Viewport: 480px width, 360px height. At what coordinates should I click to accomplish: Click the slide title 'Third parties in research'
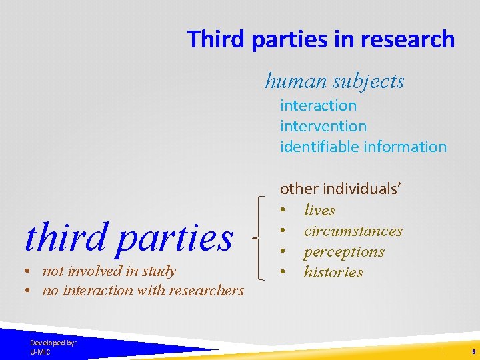tap(321, 39)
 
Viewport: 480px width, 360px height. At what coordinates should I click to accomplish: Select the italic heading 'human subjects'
tap(335, 81)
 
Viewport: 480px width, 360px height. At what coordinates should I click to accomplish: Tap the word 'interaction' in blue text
tap(318, 105)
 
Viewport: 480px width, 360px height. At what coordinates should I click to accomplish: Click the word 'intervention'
tap(323, 126)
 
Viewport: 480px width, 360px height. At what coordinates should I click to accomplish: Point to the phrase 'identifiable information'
tap(363, 147)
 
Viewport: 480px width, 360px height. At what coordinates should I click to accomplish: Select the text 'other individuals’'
tap(340, 189)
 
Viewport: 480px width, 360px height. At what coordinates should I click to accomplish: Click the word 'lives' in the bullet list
tap(319, 211)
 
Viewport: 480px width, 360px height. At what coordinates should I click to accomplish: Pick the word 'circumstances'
tap(353, 231)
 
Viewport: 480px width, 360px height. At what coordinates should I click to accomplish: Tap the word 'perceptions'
tap(344, 252)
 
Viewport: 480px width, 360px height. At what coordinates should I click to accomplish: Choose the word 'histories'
tap(333, 273)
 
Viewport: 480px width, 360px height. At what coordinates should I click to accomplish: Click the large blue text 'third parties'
tap(129, 237)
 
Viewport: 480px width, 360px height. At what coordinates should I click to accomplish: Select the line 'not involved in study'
tap(109, 271)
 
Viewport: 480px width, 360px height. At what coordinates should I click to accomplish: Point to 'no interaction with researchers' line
tap(143, 291)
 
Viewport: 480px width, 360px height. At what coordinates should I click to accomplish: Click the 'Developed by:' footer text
tap(53, 343)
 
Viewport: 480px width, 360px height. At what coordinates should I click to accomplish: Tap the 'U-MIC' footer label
tap(40, 351)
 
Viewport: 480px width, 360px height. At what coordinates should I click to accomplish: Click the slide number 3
tap(473, 351)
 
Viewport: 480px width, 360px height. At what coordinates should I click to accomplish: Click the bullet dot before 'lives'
tap(284, 211)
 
